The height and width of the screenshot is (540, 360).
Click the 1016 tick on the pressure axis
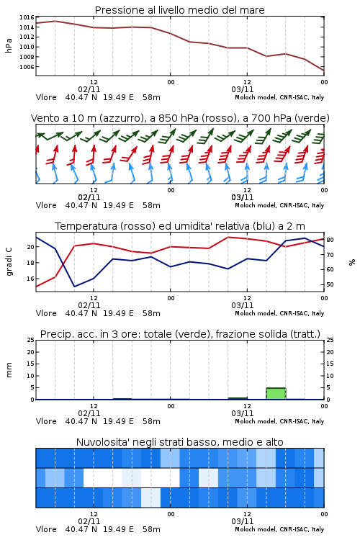point(27,17)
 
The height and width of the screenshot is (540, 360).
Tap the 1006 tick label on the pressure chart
point(27,67)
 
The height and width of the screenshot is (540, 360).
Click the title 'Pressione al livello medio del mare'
point(179,10)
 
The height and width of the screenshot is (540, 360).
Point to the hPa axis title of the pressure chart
point(9,45)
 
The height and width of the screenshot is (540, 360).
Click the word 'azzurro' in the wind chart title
point(121,118)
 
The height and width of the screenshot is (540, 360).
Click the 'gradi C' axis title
point(9,261)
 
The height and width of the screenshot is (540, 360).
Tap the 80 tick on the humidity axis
point(330,240)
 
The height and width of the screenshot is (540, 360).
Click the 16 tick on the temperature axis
point(31,279)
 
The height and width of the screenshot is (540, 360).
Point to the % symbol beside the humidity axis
point(352,262)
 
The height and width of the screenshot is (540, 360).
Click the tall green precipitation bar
point(276,394)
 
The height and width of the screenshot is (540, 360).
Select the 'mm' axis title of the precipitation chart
point(9,369)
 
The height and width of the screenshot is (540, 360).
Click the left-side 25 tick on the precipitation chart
point(31,340)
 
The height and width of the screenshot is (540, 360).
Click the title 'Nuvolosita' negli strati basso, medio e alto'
point(179,442)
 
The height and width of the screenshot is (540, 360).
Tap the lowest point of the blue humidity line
point(74,287)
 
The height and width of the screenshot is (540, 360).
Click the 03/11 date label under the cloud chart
point(243,521)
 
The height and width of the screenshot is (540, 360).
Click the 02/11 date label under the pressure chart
point(89,89)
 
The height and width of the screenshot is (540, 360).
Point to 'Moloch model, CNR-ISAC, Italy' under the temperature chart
point(279,313)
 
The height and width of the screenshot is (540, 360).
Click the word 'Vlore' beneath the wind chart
point(46,205)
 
